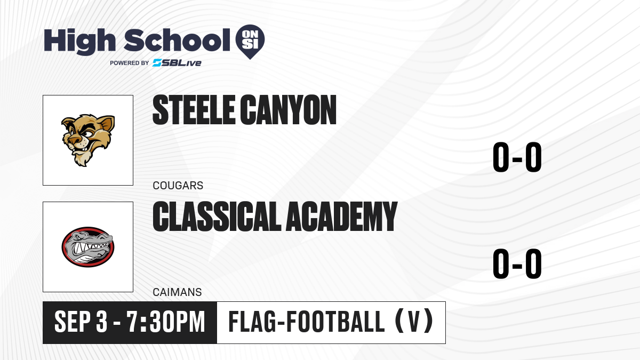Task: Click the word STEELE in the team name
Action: tap(194, 110)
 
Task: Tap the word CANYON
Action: tap(288, 110)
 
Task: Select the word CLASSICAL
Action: tap(217, 216)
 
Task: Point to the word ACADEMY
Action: tap(342, 216)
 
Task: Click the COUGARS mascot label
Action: tap(178, 186)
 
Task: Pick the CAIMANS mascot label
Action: tap(177, 292)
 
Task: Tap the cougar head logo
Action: tap(88, 140)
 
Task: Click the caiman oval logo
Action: tap(88, 247)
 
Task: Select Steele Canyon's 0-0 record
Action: tap(517, 157)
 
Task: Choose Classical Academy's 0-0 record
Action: tap(517, 263)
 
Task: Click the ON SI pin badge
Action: tap(250, 41)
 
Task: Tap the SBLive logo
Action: tap(177, 63)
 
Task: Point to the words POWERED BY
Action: tap(130, 63)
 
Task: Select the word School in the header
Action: tap(177, 40)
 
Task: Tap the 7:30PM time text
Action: tap(166, 322)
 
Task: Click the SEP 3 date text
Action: tap(81, 322)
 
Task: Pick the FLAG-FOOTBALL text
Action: tap(307, 322)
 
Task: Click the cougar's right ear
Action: tap(107, 123)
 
